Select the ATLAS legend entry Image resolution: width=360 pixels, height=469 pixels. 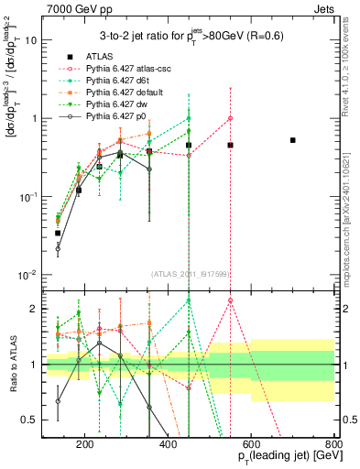point(110,56)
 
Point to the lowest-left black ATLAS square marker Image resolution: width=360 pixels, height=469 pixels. point(57,233)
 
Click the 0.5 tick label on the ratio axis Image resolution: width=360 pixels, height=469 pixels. point(28,420)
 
